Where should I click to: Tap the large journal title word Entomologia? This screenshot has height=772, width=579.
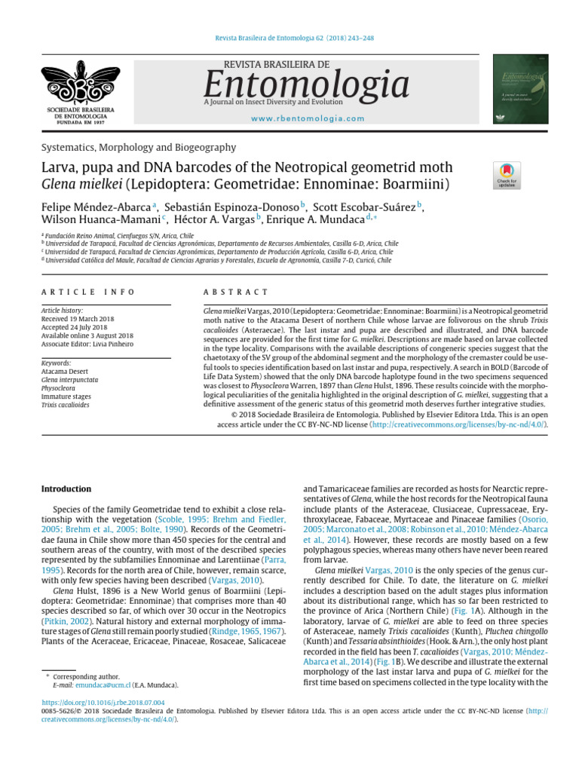[297, 84]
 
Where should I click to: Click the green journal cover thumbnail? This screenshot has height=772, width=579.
[522, 88]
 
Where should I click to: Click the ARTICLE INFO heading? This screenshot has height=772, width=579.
[88, 292]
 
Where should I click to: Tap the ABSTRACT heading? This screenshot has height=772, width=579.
[236, 292]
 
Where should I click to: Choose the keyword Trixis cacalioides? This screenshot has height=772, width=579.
[66, 405]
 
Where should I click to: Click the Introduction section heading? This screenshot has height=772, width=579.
[66, 489]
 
